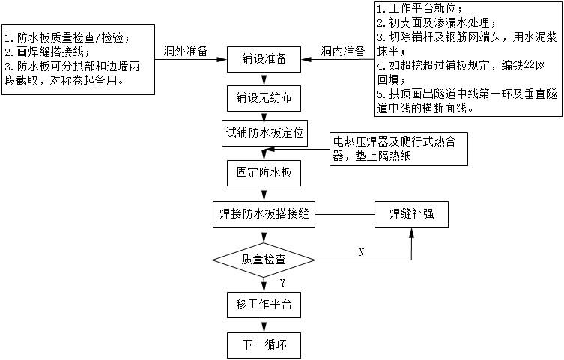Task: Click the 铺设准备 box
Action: [x=263, y=58]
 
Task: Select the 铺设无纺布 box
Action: [x=263, y=97]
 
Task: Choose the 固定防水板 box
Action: [x=263, y=173]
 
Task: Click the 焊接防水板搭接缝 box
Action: [x=263, y=213]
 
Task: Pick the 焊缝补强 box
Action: [x=411, y=213]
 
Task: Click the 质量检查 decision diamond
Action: [x=263, y=259]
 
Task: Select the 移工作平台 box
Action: [x=263, y=305]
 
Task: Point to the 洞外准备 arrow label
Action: [x=185, y=52]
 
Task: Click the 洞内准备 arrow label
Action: [x=342, y=52]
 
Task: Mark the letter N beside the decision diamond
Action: [x=360, y=252]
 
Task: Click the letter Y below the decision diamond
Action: [x=282, y=283]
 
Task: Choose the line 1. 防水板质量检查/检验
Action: [x=67, y=37]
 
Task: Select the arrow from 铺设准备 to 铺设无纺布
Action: [x=263, y=78]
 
